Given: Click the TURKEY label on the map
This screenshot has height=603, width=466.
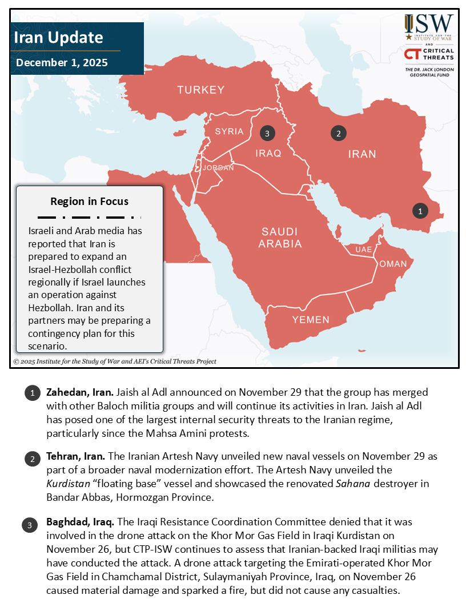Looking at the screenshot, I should [x=200, y=90].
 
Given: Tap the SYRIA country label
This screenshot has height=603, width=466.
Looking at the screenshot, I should [x=229, y=131].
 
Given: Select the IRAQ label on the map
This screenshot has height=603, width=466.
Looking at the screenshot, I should [x=268, y=153].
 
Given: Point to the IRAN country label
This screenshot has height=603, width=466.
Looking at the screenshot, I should [x=362, y=154].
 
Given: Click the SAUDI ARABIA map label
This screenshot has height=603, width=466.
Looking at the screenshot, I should [x=280, y=238].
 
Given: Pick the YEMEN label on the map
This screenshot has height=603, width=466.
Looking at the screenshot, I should [x=311, y=320].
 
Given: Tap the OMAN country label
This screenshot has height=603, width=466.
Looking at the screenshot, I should [x=393, y=264].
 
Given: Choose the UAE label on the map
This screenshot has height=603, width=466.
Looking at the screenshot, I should [x=364, y=250].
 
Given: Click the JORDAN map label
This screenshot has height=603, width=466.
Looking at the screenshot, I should [x=218, y=168].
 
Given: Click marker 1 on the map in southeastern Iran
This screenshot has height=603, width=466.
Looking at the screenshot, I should [x=420, y=211].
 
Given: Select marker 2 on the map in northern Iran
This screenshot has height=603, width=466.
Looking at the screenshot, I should [x=339, y=134].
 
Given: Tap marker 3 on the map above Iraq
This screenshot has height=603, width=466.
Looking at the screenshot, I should [x=267, y=134].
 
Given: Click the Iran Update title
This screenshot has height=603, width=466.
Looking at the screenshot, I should [x=58, y=38].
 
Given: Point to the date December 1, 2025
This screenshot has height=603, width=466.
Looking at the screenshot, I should [x=62, y=63].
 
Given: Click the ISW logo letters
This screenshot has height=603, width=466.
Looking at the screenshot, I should [x=435, y=25].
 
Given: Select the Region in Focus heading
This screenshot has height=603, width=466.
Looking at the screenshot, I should [x=89, y=201].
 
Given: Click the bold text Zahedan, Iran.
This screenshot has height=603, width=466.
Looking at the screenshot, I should [x=80, y=393].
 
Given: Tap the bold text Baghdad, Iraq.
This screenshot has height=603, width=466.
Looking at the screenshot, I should [x=81, y=522].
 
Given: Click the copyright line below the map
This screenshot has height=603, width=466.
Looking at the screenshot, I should [x=115, y=361].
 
